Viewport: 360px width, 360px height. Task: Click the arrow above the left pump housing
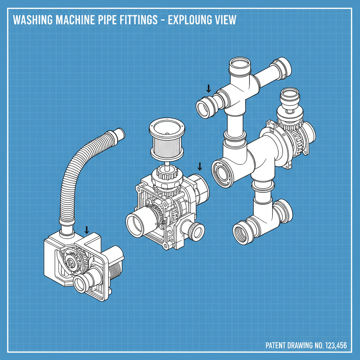coord(86,230)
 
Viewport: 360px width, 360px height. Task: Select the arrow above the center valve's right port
coord(200,166)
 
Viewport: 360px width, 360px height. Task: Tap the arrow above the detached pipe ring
coord(208,88)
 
